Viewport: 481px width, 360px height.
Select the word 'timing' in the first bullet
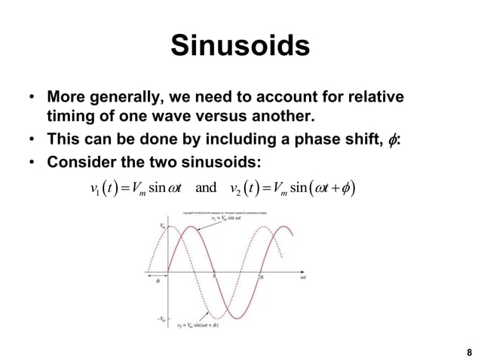click(x=72, y=118)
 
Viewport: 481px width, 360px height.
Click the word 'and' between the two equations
click(x=205, y=187)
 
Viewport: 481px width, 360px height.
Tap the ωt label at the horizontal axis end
click(x=302, y=277)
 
